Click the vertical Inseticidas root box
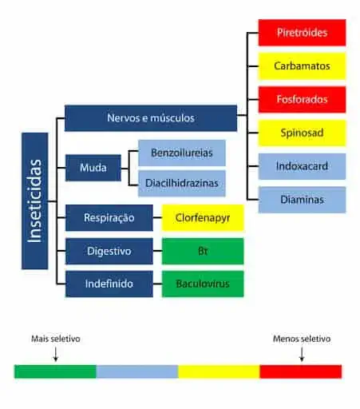point(35,201)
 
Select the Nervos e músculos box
point(150,118)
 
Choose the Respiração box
point(109,217)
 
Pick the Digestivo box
point(109,251)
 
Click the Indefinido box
point(109,284)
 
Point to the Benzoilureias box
point(181,152)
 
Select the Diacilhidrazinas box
point(181,183)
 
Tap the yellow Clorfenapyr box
point(203,217)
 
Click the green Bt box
point(203,251)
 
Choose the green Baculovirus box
point(203,284)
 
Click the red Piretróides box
point(302,33)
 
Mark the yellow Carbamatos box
point(302,66)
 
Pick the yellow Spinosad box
point(302,133)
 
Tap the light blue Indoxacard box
point(302,166)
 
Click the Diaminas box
point(302,200)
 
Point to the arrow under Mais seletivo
point(55,355)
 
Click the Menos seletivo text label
point(301,340)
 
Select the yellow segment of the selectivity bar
point(219,371)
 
